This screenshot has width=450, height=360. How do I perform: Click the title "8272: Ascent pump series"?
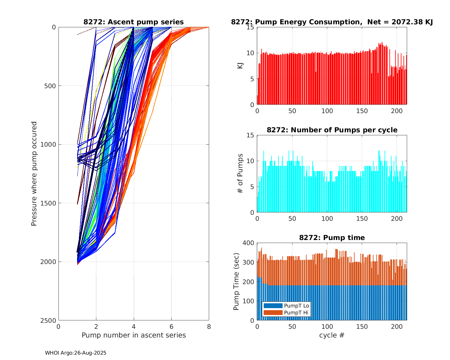coord(133,22)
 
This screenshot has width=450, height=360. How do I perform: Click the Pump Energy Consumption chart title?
coord(331,22)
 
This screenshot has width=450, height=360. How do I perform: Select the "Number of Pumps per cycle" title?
coord(332,130)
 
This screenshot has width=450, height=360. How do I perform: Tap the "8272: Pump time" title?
coord(332,238)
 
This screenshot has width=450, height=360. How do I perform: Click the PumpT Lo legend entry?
coord(286,306)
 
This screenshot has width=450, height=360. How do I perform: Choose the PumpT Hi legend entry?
coord(286,313)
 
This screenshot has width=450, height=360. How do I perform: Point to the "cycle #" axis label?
coord(332,335)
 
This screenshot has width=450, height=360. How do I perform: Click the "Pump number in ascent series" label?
coord(133,335)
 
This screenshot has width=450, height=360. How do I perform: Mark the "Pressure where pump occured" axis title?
coord(34,174)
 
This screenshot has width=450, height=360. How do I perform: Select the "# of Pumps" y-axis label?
coord(240,174)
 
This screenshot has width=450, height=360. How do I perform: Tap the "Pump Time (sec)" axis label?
coord(236,281)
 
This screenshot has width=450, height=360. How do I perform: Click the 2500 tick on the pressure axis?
coord(49,320)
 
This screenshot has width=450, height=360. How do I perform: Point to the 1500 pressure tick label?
coord(49,203)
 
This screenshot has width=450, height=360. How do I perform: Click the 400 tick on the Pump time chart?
coord(249,243)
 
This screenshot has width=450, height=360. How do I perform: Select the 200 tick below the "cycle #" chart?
coord(397,326)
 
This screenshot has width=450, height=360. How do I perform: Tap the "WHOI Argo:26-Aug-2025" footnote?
coord(76,353)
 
